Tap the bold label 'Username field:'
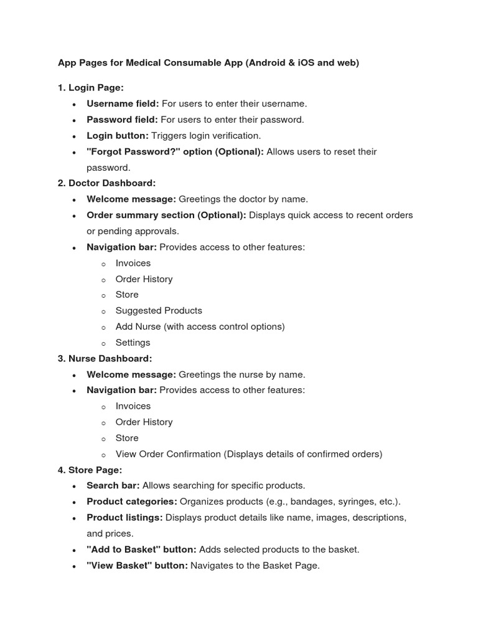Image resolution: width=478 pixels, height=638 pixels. [x=123, y=103]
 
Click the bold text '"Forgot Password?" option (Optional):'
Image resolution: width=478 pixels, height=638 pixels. [x=175, y=151]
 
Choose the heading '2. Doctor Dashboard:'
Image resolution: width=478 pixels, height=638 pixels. [x=106, y=183]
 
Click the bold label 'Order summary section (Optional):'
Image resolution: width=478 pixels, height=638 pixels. [x=166, y=215]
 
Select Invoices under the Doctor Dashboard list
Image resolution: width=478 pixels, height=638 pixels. [x=133, y=263]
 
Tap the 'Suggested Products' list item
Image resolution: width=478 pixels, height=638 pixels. [x=159, y=310]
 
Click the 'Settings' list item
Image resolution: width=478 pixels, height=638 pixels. [x=133, y=343]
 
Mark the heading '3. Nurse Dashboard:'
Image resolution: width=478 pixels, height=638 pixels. [x=105, y=358]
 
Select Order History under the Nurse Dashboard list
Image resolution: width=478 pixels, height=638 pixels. [x=144, y=422]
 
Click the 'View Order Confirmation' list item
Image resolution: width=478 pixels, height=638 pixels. [x=168, y=454]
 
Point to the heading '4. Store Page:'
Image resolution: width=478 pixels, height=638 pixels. [x=90, y=470]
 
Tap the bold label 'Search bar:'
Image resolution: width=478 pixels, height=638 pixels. [x=113, y=485]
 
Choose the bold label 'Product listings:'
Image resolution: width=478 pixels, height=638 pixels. [x=124, y=518]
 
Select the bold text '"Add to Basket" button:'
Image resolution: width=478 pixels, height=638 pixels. [x=141, y=550]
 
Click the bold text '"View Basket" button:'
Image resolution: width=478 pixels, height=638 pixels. [x=137, y=566]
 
